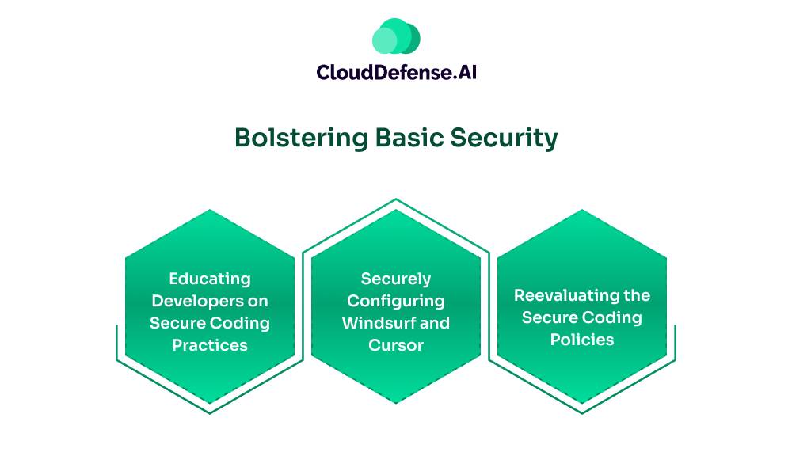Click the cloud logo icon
click(x=396, y=36)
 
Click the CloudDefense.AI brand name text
click(x=397, y=72)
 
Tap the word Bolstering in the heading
click(x=302, y=138)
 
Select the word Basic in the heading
click(x=409, y=138)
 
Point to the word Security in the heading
click(x=504, y=139)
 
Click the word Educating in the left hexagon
click(x=210, y=279)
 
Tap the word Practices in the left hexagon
click(x=210, y=345)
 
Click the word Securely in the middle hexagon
click(x=396, y=279)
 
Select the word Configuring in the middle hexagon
click(x=396, y=301)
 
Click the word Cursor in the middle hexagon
click(x=396, y=345)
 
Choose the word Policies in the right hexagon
click(x=582, y=340)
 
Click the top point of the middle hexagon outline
click(x=396, y=199)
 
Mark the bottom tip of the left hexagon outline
click(x=210, y=413)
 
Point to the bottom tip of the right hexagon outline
click(x=582, y=413)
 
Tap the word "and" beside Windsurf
click(x=434, y=323)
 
